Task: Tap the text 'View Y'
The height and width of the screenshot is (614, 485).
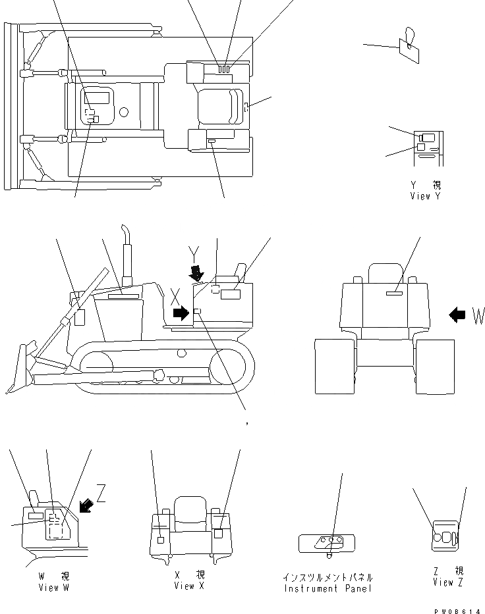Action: pyautogui.click(x=429, y=196)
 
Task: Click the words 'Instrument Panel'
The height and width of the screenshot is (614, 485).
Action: pyautogui.click(x=328, y=588)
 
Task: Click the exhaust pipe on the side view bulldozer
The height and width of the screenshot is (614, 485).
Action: pyautogui.click(x=125, y=253)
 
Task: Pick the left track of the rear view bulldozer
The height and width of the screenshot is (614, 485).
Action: pyautogui.click(x=333, y=367)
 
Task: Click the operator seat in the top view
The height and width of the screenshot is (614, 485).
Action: pyautogui.click(x=219, y=105)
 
